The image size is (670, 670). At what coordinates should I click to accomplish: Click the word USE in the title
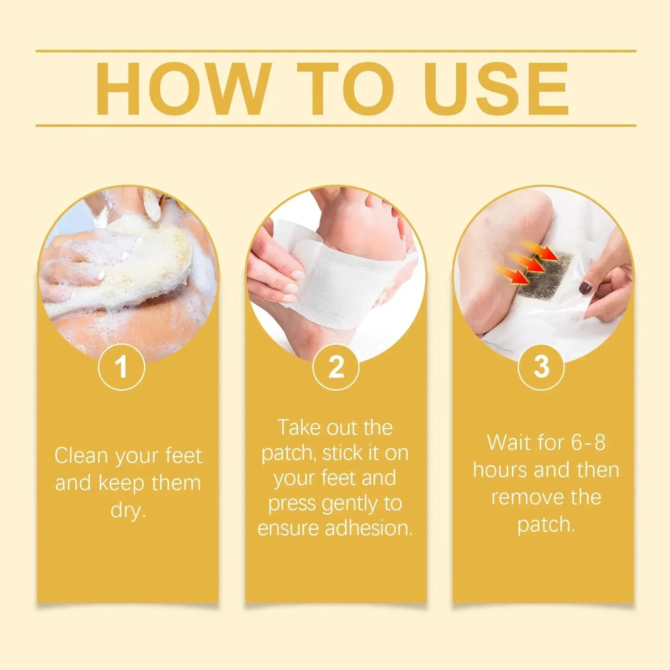(x=496, y=89)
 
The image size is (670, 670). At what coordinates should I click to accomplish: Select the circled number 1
(x=121, y=367)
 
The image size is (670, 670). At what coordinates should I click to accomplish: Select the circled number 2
(x=336, y=367)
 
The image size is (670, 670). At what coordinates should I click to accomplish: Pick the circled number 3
(x=541, y=367)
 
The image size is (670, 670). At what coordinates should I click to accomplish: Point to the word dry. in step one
(x=128, y=510)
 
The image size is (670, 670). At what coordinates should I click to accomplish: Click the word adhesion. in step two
(x=368, y=528)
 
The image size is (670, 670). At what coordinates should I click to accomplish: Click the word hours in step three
(x=500, y=470)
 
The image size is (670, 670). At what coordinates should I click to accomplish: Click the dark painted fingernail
(x=585, y=288)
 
